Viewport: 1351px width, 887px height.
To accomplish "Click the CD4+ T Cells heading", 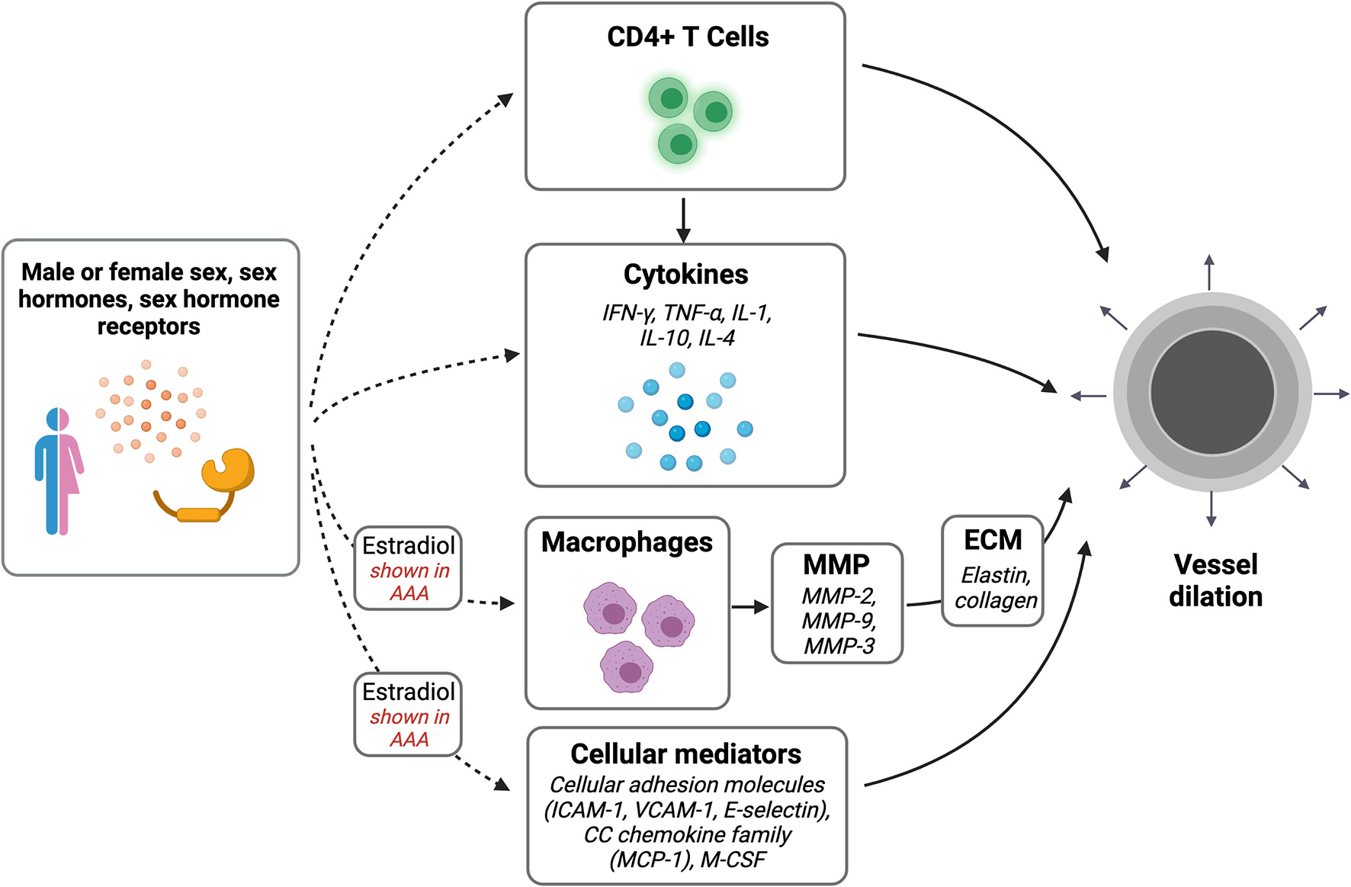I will [x=687, y=37].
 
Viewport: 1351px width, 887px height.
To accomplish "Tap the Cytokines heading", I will [x=685, y=275].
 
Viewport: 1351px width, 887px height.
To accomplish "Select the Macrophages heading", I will [x=627, y=542].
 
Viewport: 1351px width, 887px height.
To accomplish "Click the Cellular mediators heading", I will [x=685, y=754].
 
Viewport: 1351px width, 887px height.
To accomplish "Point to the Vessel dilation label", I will [x=1215, y=580].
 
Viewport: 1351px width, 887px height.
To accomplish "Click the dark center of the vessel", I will [x=1211, y=392].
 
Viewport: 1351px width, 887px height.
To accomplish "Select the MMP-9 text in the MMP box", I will [x=839, y=620].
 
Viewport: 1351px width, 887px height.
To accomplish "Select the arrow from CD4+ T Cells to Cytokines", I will [x=684, y=220].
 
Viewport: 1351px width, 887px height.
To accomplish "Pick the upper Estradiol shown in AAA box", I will [x=409, y=568].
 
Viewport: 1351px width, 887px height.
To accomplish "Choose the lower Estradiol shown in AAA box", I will [x=409, y=715].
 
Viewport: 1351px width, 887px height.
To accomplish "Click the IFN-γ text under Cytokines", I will [x=629, y=313].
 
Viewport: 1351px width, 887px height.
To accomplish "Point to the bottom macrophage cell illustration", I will [x=627, y=667].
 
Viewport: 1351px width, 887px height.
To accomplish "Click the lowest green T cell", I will [x=678, y=144].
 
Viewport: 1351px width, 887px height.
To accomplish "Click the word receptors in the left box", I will [x=149, y=326].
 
